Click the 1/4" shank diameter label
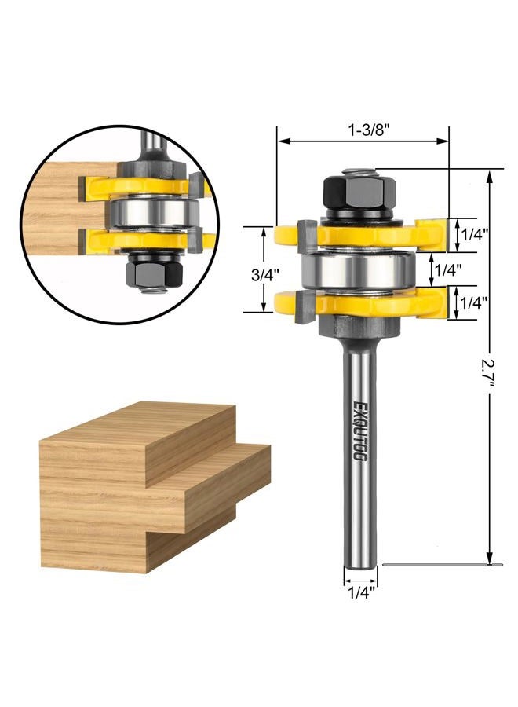(360, 593)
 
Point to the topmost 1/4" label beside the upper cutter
(474, 234)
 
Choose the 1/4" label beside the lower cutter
(474, 302)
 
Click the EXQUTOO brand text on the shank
(359, 430)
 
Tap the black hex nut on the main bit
(359, 192)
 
